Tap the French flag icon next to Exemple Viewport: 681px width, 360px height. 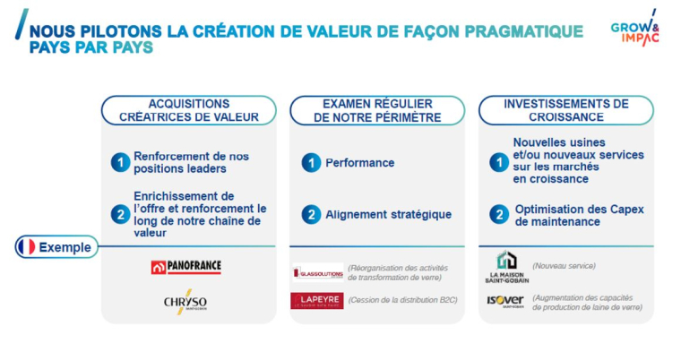pyautogui.click(x=27, y=247)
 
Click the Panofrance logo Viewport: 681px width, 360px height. pyautogui.click(x=185, y=267)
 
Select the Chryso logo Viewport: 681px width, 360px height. pyautogui.click(x=186, y=302)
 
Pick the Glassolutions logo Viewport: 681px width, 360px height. pyautogui.click(x=317, y=271)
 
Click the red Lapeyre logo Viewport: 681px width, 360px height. pyautogui.click(x=316, y=301)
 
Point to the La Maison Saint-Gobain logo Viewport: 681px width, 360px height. pyautogui.click(x=506, y=267)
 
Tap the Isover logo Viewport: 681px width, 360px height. pyautogui.click(x=505, y=301)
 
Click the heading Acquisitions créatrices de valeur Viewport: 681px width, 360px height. pyautogui.click(x=188, y=110)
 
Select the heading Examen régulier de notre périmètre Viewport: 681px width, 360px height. pyautogui.click(x=376, y=110)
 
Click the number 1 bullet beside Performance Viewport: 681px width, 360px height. pyautogui.click(x=311, y=163)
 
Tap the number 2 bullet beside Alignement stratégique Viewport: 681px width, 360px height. pyautogui.click(x=311, y=215)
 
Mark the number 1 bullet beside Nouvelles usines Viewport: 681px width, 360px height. pyautogui.click(x=499, y=162)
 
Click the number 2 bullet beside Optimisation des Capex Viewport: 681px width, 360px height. pyautogui.click(x=499, y=215)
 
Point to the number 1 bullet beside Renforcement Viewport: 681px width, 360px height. pyautogui.click(x=121, y=162)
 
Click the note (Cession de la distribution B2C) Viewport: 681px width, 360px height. pyautogui.click(x=402, y=301)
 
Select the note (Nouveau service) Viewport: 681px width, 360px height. pyautogui.click(x=564, y=266)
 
